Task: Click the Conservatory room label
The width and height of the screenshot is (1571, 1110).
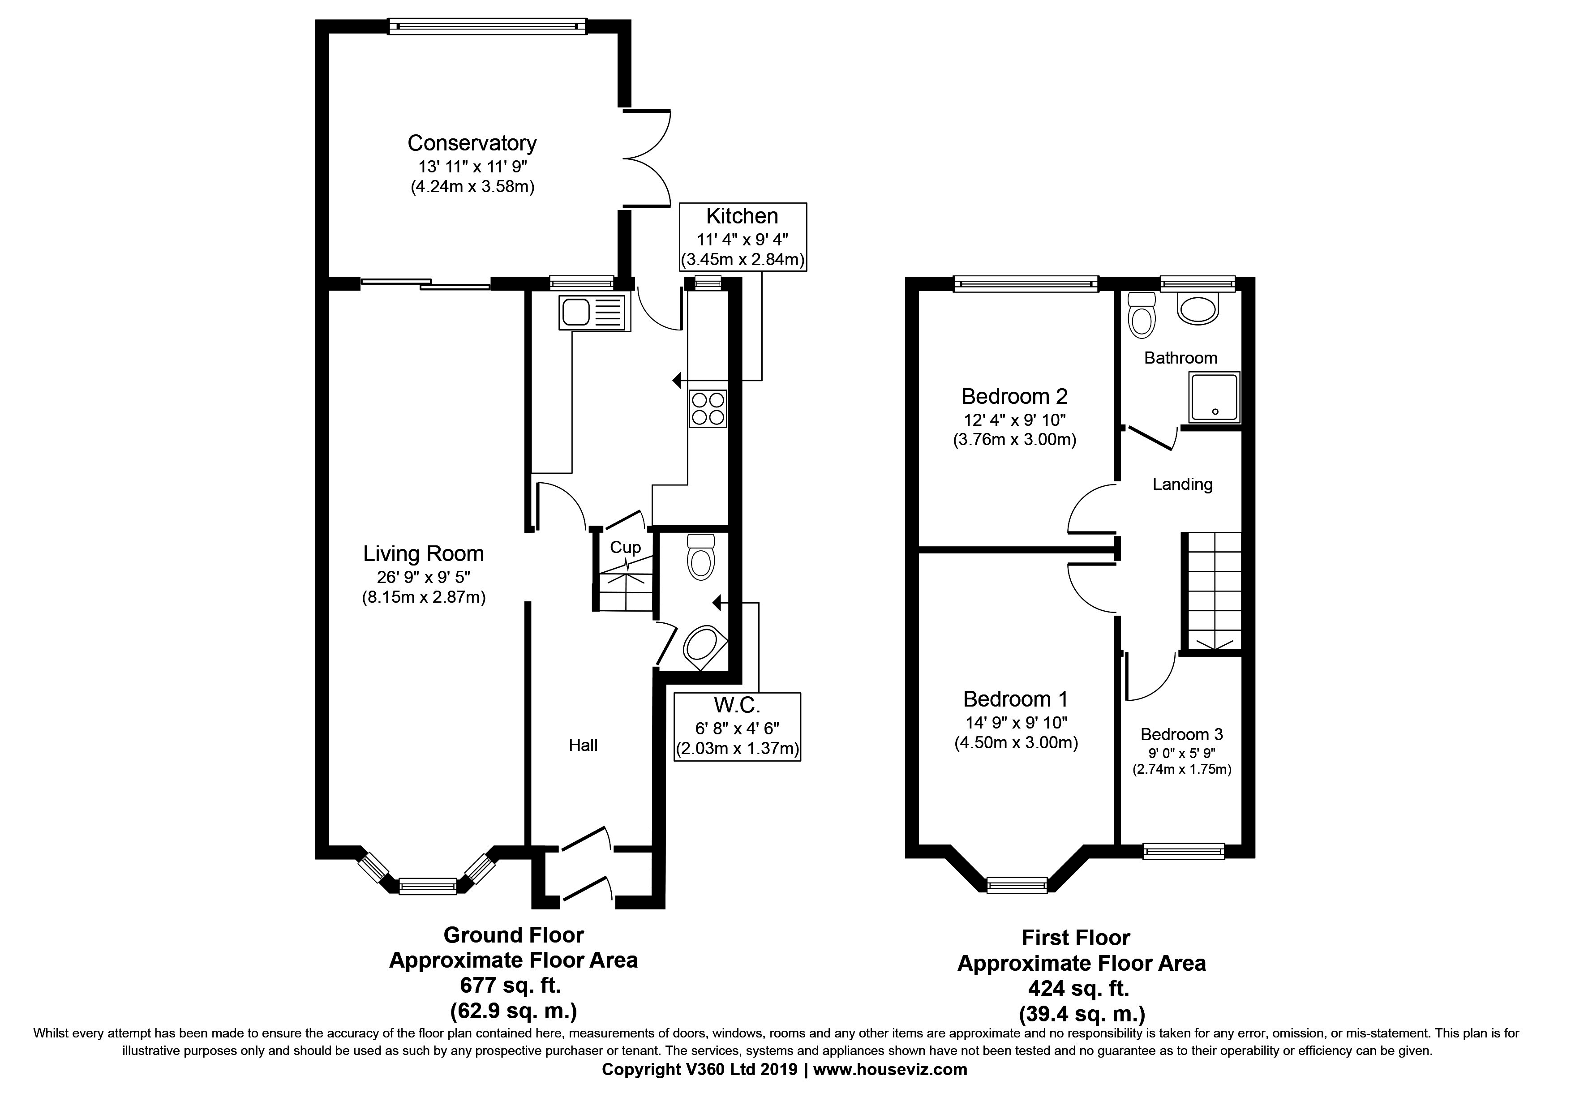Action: pos(472,143)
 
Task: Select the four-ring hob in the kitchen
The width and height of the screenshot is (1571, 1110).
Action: pos(708,408)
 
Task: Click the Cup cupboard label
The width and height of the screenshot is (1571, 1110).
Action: pos(625,547)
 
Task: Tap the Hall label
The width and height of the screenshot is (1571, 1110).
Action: pos(584,745)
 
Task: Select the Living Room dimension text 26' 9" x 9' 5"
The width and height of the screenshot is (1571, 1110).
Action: pos(424,576)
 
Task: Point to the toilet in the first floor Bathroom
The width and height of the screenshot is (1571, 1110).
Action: pos(1141,315)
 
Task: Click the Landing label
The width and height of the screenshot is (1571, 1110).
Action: pos(1182,484)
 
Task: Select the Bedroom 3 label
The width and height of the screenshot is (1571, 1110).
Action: pos(1182,734)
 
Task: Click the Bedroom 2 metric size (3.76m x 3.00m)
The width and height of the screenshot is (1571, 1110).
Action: pos(1015,440)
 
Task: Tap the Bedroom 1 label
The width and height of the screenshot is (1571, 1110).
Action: pos(1015,699)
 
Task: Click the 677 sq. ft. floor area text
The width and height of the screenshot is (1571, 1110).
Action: pos(511,986)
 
